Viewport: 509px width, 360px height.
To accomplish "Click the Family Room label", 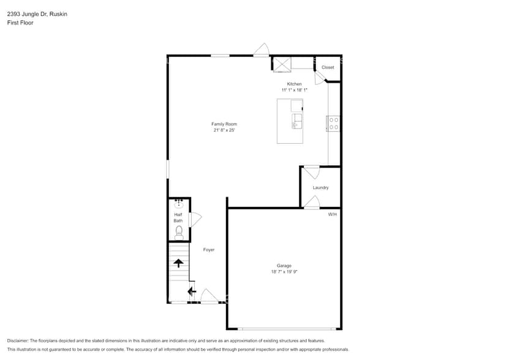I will tap(224, 124).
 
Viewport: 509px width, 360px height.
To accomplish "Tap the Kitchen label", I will tap(294, 84).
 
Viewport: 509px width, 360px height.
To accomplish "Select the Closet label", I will tap(328, 67).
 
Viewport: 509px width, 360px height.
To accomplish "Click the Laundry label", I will tap(320, 187).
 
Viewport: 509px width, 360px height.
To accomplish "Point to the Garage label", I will tap(284, 266).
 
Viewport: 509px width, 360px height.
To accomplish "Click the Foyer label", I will tap(209, 250).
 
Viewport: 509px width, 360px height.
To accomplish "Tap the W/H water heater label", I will tap(332, 214).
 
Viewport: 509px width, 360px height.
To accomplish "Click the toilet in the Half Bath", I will tap(179, 231).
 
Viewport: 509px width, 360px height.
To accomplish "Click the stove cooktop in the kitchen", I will tap(334, 123).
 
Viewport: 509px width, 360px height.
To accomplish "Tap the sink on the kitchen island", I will tap(296, 121).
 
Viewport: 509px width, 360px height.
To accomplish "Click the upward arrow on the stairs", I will tap(178, 263).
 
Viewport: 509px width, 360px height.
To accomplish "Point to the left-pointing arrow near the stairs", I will tap(191, 291).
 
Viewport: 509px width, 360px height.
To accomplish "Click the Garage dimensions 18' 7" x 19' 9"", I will tap(284, 272).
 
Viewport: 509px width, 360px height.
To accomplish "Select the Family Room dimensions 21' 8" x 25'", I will tap(224, 130).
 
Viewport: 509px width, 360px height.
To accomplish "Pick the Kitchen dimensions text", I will tap(294, 90).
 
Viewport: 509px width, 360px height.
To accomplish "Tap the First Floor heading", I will tap(20, 23).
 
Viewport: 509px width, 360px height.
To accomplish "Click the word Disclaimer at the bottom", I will tap(18, 340).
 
